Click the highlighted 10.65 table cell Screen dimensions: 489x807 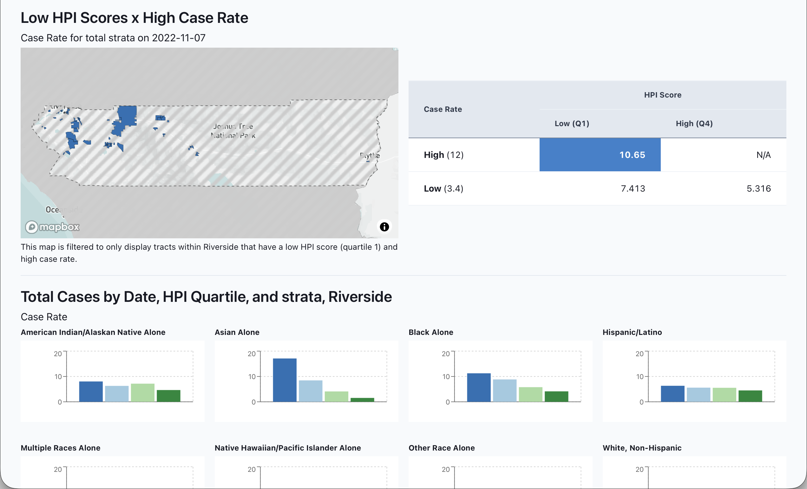click(x=600, y=155)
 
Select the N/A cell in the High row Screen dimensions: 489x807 click(x=763, y=155)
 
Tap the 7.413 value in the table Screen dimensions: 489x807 click(x=633, y=189)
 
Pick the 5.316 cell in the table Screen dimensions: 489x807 click(x=758, y=189)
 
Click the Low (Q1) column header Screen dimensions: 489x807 click(x=572, y=124)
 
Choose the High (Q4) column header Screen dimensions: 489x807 click(x=694, y=124)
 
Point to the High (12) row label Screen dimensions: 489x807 click(x=443, y=155)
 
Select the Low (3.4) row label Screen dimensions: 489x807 click(x=443, y=189)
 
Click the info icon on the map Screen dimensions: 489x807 click(x=384, y=227)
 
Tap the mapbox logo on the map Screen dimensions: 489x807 click(x=52, y=227)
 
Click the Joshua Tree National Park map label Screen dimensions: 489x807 click(x=233, y=131)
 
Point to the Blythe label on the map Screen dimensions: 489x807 click(x=370, y=155)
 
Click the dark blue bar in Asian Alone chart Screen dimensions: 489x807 click(x=285, y=380)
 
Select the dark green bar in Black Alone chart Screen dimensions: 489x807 click(x=556, y=397)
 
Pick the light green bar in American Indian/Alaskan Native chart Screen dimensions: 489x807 click(x=142, y=393)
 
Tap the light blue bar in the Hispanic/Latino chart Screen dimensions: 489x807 click(x=698, y=395)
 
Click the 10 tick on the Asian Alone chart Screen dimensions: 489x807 click(x=252, y=377)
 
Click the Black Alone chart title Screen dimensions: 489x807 click(x=431, y=332)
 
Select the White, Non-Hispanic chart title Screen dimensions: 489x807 click(x=642, y=448)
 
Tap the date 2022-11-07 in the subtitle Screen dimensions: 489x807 click(x=179, y=38)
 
